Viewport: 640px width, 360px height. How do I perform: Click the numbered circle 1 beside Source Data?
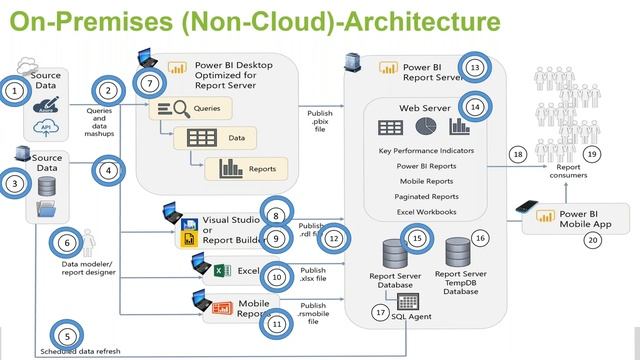tap(14, 91)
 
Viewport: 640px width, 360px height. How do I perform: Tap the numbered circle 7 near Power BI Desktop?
tap(149, 82)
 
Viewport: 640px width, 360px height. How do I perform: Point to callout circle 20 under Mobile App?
tap(593, 240)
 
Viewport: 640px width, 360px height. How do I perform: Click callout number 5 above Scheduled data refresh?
tap(65, 337)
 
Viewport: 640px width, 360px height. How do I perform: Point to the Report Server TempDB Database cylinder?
tap(460, 250)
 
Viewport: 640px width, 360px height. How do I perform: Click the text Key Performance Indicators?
tap(427, 150)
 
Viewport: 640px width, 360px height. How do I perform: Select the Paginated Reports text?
tap(427, 197)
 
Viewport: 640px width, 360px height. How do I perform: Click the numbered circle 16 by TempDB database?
tap(480, 238)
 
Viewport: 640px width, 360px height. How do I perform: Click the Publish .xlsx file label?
tap(313, 275)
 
